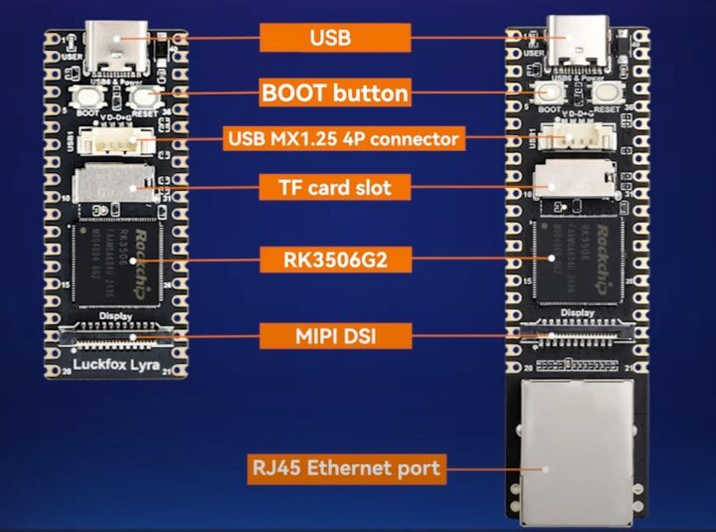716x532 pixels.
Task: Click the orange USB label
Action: [335, 38]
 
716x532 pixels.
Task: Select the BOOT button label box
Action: [335, 93]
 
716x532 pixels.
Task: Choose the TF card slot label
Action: [335, 186]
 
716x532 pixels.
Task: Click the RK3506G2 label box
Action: [335, 261]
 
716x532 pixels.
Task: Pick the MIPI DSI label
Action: [335, 335]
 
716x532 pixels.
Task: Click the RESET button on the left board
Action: [145, 96]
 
